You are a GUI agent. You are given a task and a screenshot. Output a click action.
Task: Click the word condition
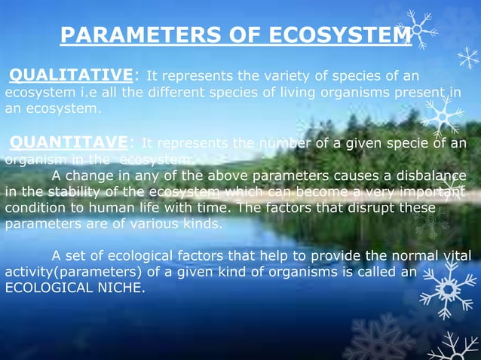[x=35, y=208]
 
